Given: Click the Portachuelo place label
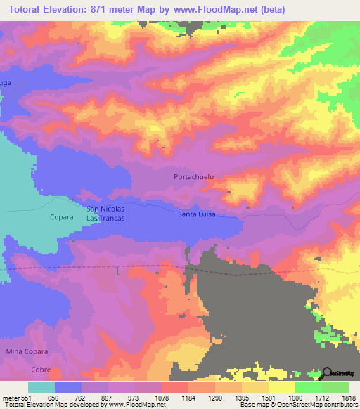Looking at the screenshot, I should tap(193, 178).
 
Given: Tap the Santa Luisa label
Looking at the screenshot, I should tap(196, 214).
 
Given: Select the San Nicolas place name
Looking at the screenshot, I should tap(105, 209).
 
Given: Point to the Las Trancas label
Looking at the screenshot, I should tap(105, 218).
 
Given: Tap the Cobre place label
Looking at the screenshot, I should tap(41, 369).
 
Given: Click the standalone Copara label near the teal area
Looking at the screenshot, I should tap(62, 217).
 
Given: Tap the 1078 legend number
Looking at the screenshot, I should tap(161, 397).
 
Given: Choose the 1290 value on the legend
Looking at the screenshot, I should tap(215, 397).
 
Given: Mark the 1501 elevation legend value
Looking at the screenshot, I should tap(269, 397).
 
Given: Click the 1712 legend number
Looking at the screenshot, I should tap(322, 397).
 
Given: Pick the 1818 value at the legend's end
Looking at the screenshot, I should tap(348, 397).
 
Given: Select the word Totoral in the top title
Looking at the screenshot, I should tap(28, 9).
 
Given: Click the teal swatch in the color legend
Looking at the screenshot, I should tap(41, 387).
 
